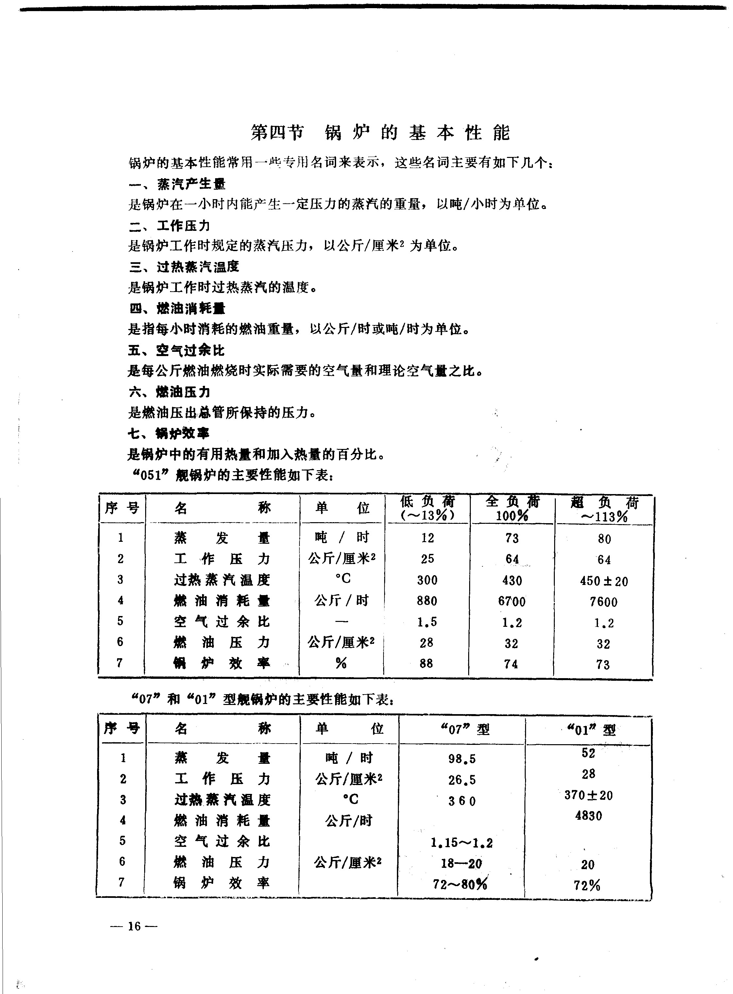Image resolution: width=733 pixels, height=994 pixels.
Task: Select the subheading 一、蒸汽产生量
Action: (178, 184)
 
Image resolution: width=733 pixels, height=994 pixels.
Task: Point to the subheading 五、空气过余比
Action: (177, 351)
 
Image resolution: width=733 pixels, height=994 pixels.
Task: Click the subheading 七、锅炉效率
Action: (169, 433)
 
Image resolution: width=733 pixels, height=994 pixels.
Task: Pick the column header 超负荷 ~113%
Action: (604, 509)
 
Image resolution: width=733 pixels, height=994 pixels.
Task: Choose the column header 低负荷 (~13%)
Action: (427, 508)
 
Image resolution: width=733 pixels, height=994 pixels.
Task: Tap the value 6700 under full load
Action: (512, 602)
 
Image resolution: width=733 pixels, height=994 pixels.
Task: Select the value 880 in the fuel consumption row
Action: (427, 601)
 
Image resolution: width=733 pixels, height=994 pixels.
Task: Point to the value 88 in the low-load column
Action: (426, 663)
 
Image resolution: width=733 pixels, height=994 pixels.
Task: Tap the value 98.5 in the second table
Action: (462, 759)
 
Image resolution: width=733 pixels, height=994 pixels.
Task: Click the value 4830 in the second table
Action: (588, 815)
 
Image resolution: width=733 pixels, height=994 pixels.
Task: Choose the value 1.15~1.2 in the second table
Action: (461, 843)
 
